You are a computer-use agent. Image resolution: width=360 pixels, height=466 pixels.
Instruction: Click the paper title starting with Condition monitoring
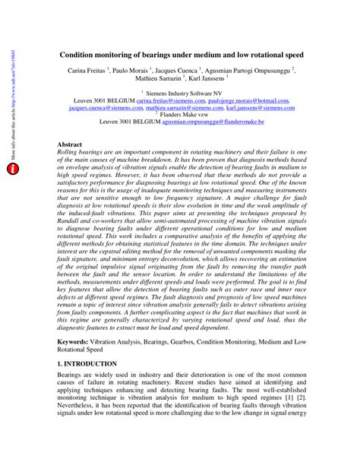pos(182,55)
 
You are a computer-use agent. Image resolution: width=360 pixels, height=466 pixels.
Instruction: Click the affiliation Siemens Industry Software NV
pos(183,91)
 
